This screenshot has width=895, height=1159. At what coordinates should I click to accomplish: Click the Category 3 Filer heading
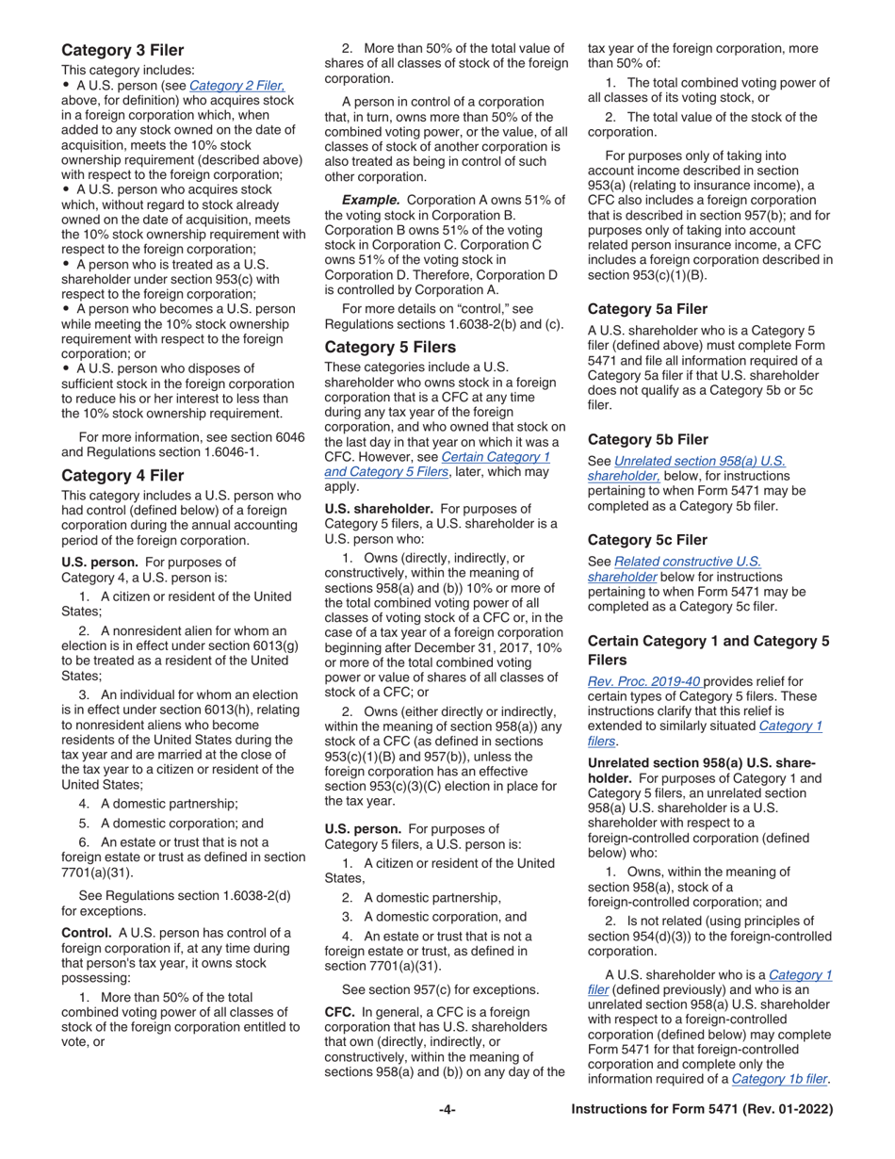tap(122, 50)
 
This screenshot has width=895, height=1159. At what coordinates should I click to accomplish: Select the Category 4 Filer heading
tap(122, 475)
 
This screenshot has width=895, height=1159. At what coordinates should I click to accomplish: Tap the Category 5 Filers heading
tap(390, 347)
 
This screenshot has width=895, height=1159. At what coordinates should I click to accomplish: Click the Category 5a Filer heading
tap(647, 308)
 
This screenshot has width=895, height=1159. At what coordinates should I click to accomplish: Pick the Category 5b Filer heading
tap(647, 439)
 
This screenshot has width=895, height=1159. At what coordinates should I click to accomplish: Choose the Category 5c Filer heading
tap(647, 540)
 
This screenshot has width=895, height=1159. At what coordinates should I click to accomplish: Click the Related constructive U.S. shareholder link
tap(674, 569)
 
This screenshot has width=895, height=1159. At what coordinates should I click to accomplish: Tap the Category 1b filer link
tap(779, 1079)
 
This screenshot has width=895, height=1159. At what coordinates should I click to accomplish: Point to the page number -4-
tap(447, 1110)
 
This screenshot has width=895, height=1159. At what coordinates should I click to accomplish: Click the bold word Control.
tap(86, 933)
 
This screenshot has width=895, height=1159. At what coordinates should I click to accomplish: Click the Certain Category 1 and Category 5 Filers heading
tap(708, 650)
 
